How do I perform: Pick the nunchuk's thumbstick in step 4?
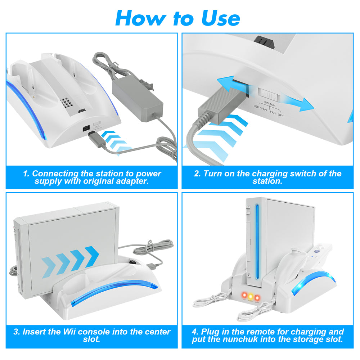(293, 248)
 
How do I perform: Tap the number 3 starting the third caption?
(16, 332)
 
